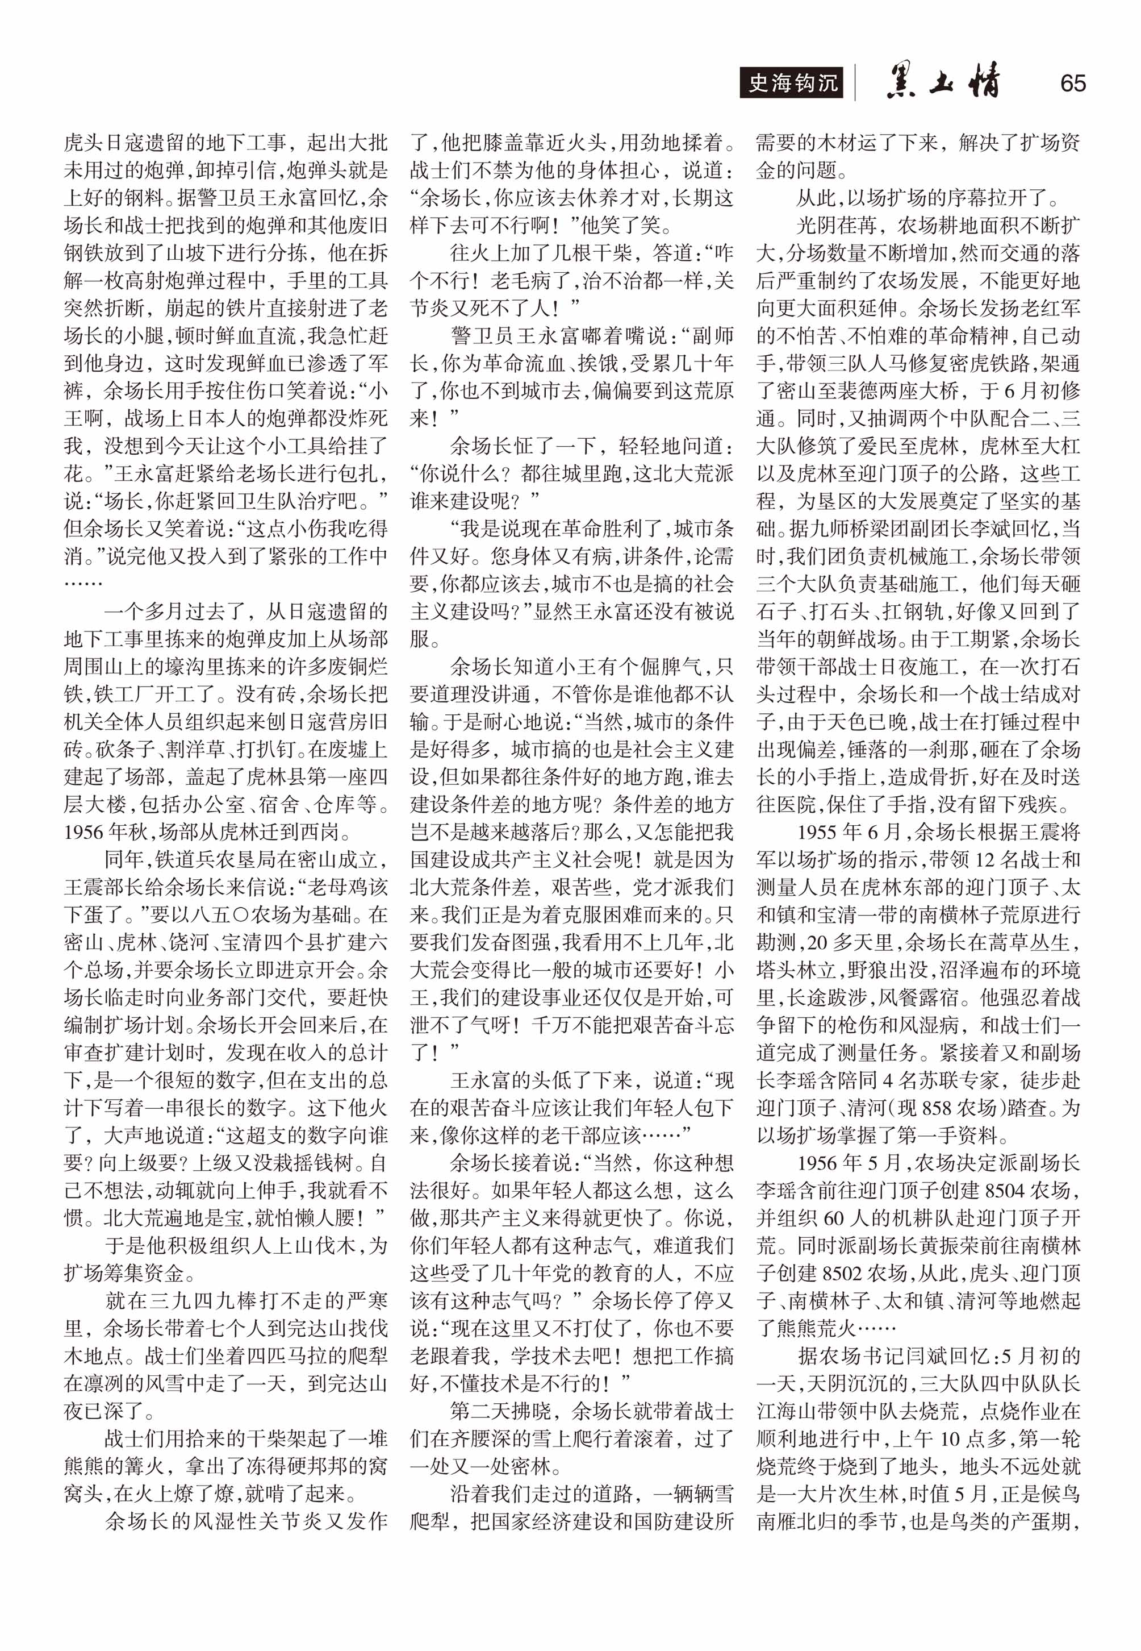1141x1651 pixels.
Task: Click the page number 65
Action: (x=1073, y=84)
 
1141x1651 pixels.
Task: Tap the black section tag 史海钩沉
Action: (x=791, y=84)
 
